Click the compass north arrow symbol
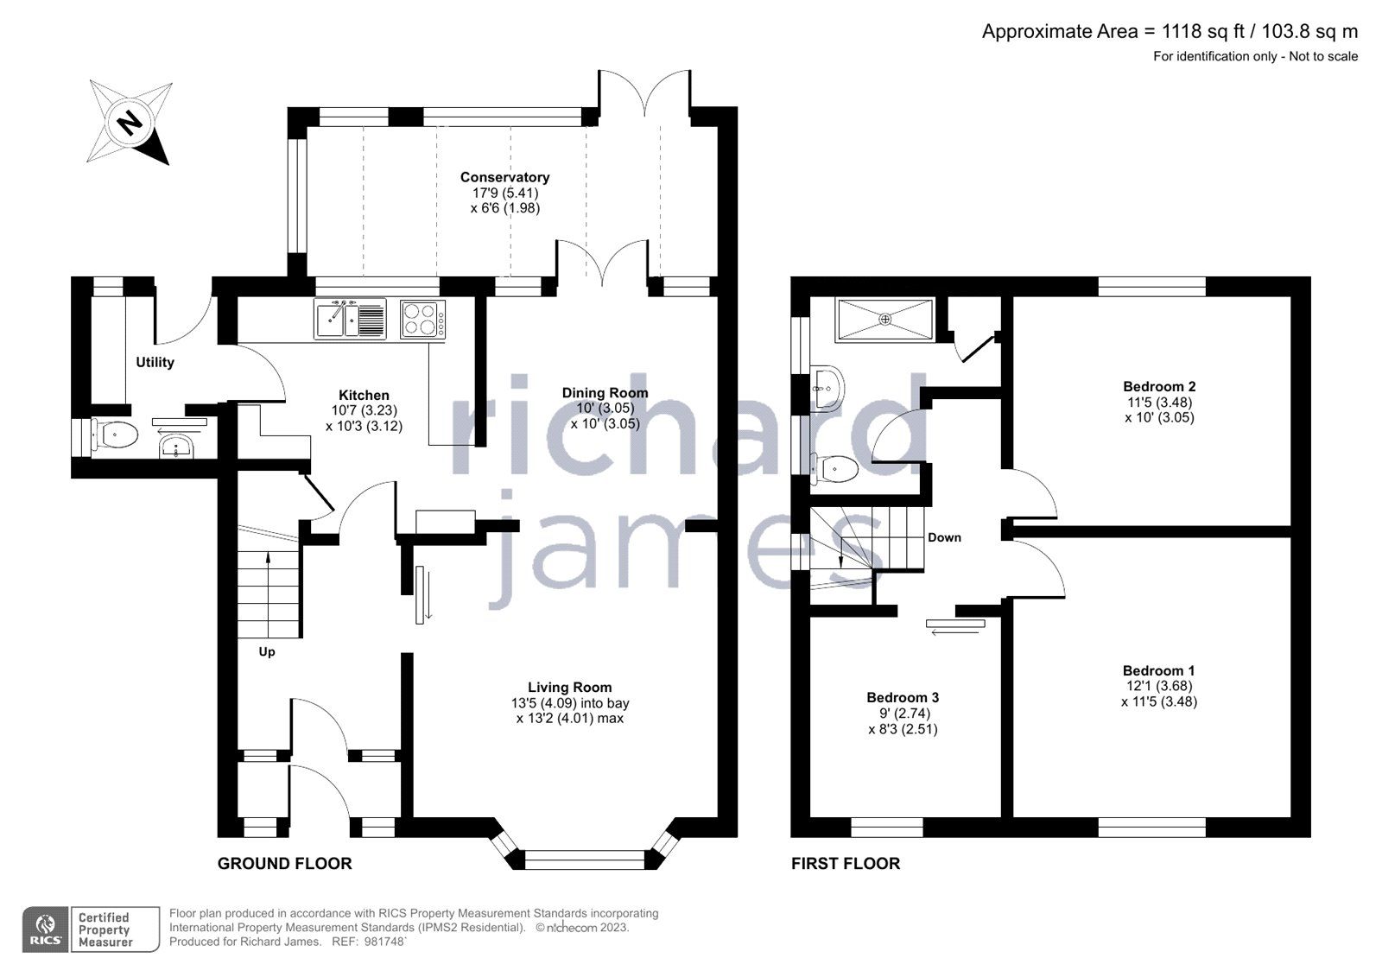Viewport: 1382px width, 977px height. click(130, 122)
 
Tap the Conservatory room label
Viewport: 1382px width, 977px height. click(504, 177)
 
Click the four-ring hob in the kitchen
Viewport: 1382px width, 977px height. click(423, 318)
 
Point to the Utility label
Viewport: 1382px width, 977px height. click(155, 363)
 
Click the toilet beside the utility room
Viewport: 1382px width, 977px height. click(117, 435)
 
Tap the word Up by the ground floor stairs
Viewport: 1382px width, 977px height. click(267, 651)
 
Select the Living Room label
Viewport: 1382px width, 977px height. click(570, 688)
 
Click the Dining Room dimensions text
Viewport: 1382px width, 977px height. click(604, 416)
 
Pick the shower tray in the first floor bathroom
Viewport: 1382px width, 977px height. click(884, 319)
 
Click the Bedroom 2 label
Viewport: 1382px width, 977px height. click(1159, 386)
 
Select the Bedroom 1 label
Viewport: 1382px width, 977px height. click(1158, 670)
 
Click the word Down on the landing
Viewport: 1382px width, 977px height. click(944, 537)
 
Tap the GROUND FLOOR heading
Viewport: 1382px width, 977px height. click(284, 863)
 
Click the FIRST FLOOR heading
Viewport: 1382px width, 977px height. click(845, 863)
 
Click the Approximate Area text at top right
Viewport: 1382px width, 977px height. click(1170, 32)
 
